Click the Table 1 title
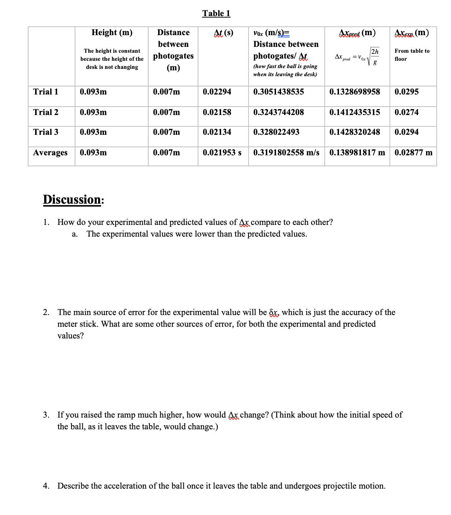pos(216,14)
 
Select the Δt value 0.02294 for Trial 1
pos(217,92)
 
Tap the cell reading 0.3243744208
pos(278,112)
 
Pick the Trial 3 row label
pos(45,132)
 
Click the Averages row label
pos(50,153)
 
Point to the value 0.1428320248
pos(354,132)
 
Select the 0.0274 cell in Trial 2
pos(406,112)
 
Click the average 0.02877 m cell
pos(413,153)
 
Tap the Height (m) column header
pos(112,33)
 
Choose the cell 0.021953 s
pos(222,153)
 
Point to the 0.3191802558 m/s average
pos(286,153)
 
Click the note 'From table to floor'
pos(411,55)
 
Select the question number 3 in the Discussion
pos(46,415)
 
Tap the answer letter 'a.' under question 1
pos(75,234)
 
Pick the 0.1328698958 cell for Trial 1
pos(354,92)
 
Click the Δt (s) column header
pos(223,33)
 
